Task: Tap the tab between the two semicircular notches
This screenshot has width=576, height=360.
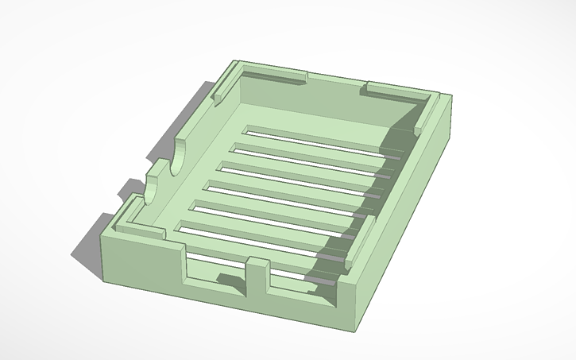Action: [x=164, y=168]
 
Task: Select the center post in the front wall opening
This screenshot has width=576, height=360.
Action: [x=257, y=279]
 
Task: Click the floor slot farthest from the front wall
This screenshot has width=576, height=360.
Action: [x=318, y=134]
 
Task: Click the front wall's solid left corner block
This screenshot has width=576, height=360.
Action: [x=139, y=262]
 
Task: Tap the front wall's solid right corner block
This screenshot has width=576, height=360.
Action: [x=346, y=302]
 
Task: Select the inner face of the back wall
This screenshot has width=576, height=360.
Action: [x=318, y=103]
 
